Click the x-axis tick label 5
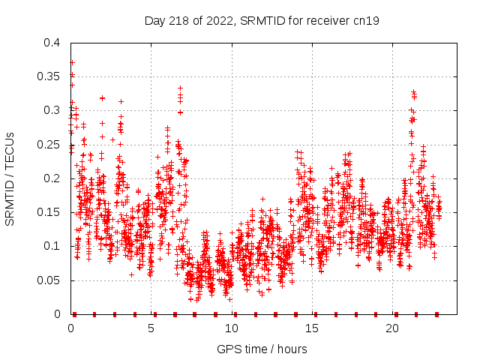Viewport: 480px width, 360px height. pos(151,328)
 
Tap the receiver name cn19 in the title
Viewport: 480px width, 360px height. pos(365,21)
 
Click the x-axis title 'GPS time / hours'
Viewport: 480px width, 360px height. pos(262,349)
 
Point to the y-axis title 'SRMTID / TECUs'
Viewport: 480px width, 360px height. pos(10,178)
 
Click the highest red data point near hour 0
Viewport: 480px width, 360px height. pos(72,62)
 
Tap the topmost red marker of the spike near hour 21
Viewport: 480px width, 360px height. pos(413,91)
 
